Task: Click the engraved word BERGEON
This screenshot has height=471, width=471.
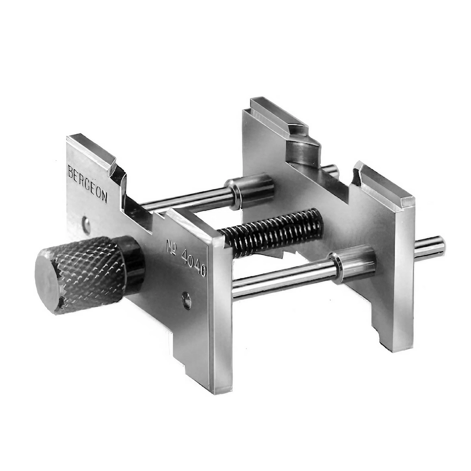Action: coord(87,183)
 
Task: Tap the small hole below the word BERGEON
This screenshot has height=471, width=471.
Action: coord(86,225)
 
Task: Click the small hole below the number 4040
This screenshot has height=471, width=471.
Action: coord(186,300)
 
